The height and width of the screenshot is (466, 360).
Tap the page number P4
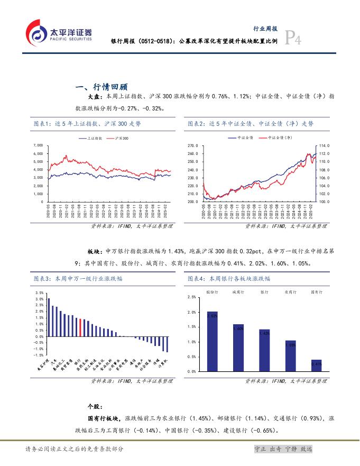[293, 39]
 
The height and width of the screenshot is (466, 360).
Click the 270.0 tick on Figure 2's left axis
[192, 145]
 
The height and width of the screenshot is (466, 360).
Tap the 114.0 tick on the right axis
[325, 145]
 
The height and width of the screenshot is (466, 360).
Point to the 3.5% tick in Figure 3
[40, 293]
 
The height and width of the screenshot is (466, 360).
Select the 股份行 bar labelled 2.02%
[212, 341]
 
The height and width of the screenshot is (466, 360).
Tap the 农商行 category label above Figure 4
[290, 291]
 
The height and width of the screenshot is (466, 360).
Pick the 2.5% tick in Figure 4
[191, 298]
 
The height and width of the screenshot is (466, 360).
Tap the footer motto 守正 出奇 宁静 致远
[283, 449]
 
